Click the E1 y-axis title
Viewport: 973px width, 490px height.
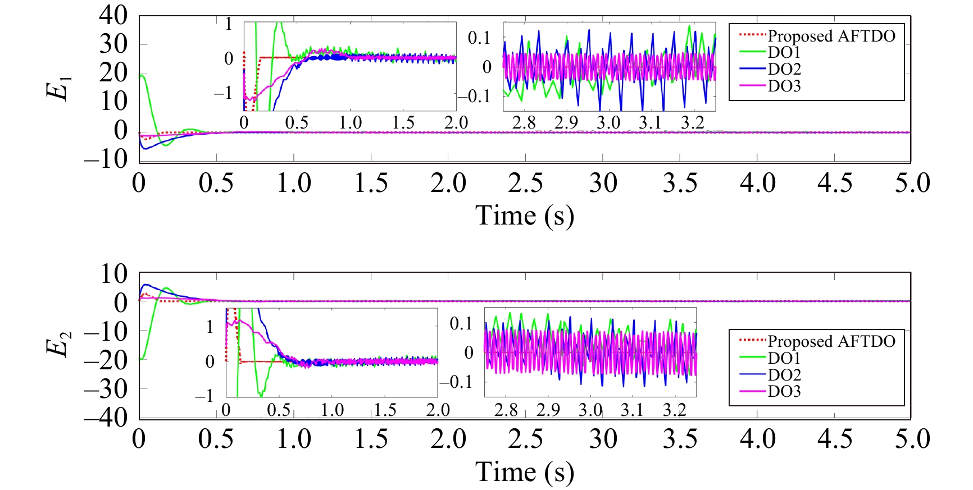coord(60,88)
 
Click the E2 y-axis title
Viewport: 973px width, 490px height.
coord(60,344)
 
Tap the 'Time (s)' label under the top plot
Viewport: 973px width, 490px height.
coord(525,216)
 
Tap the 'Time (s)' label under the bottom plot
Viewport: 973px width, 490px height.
coord(525,472)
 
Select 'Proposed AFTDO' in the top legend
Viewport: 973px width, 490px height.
coord(831,36)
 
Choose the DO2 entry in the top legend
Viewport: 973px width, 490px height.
coord(784,70)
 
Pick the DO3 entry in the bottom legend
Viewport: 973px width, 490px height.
coord(784,391)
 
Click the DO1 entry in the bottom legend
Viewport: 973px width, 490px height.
coord(784,358)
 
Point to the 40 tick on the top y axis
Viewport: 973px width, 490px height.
coord(113,16)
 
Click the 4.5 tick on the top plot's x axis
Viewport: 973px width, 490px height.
coord(834,184)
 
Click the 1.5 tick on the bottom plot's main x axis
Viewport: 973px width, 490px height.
coord(371,439)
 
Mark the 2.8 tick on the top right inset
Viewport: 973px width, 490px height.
coord(524,123)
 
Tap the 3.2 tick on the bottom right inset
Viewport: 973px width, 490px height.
coord(674,410)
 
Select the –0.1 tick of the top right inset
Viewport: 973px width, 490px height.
coord(474,97)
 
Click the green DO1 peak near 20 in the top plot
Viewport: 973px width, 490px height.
coord(143,75)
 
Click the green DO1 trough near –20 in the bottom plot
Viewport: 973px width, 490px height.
coord(142,358)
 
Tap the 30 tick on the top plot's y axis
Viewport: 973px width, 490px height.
coord(113,44)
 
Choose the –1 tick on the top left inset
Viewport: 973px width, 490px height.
coord(223,94)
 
